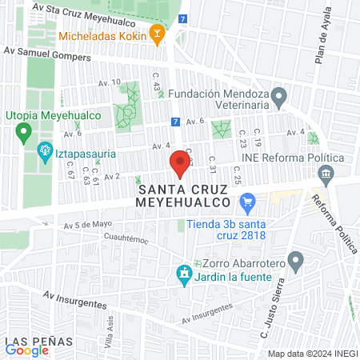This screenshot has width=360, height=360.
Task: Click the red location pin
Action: (x=180, y=165)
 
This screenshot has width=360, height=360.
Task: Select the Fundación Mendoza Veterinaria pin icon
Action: (x=279, y=98)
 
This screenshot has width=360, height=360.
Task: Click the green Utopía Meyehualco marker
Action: (x=24, y=131)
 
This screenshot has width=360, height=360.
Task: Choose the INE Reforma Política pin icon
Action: (x=338, y=158)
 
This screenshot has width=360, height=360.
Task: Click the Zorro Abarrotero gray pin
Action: (x=295, y=260)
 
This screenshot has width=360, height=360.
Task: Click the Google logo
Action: (x=26, y=350)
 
